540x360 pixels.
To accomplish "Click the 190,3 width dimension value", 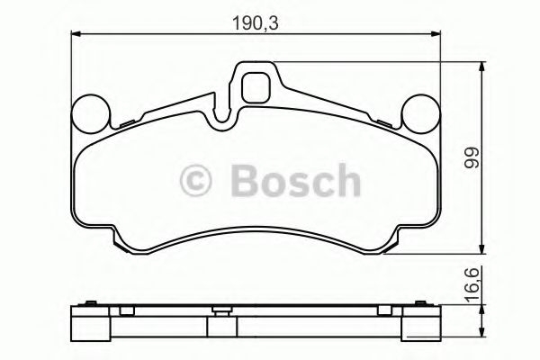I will pyautogui.click(x=256, y=20).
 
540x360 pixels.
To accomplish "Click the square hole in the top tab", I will pyautogui.click(x=256, y=87).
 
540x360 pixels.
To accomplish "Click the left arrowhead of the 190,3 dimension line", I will pyautogui.click(x=74, y=35).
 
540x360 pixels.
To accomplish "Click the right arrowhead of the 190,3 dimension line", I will pyautogui.click(x=439, y=35).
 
